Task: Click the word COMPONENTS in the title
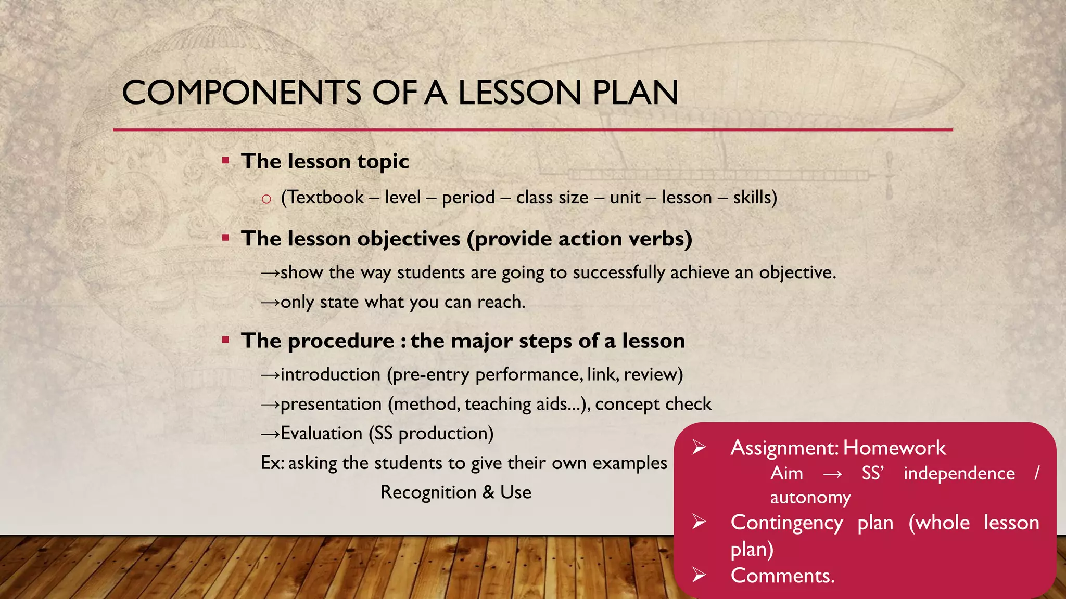pyautogui.click(x=242, y=93)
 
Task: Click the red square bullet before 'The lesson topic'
pyautogui.click(x=225, y=161)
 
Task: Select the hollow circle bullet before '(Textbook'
pyautogui.click(x=266, y=199)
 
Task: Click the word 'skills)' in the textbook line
pyautogui.click(x=755, y=198)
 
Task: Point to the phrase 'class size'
pyautogui.click(x=552, y=198)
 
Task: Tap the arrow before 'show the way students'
pyautogui.click(x=270, y=273)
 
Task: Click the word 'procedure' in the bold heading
pyautogui.click(x=341, y=342)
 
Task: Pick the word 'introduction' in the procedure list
pyautogui.click(x=331, y=375)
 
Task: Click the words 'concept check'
pyautogui.click(x=653, y=404)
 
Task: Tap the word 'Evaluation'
pyautogui.click(x=321, y=434)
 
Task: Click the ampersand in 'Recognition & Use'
pyautogui.click(x=488, y=492)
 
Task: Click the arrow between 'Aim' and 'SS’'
pyautogui.click(x=832, y=474)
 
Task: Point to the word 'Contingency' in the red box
pyautogui.click(x=786, y=523)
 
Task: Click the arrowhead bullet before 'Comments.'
pyautogui.click(x=699, y=575)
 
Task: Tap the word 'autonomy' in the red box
pyautogui.click(x=810, y=498)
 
